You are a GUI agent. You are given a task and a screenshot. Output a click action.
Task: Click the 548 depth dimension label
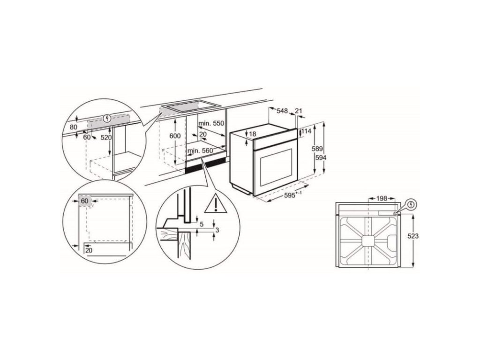tap(282, 111)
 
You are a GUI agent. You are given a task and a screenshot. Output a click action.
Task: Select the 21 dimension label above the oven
tap(299, 111)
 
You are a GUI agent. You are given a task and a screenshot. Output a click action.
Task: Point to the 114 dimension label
tap(307, 131)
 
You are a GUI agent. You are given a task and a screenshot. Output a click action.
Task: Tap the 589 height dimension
tap(317, 149)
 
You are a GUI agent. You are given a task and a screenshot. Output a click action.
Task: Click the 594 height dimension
tap(321, 157)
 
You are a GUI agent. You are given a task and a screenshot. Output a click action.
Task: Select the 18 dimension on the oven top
tap(253, 134)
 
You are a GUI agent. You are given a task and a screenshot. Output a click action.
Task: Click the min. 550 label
tap(211, 123)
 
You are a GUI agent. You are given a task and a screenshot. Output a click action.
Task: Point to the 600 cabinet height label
tap(175, 136)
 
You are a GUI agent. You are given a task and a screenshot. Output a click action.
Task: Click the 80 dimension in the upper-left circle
tap(74, 127)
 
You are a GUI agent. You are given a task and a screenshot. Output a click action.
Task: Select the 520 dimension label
tap(106, 137)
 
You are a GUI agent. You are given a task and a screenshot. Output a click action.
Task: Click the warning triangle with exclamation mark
tap(216, 203)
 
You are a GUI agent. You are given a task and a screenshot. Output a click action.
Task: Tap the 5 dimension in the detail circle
tap(202, 225)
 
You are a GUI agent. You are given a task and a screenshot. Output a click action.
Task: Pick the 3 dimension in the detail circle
tap(217, 230)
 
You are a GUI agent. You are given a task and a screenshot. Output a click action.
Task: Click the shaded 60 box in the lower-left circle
tap(85, 201)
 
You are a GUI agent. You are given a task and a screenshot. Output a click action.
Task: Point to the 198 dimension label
tap(382, 198)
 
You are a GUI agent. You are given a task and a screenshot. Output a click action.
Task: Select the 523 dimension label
tap(413, 236)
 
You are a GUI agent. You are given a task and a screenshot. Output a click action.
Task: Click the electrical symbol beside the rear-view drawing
tap(412, 204)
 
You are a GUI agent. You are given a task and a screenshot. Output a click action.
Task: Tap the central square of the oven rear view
tap(368, 240)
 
